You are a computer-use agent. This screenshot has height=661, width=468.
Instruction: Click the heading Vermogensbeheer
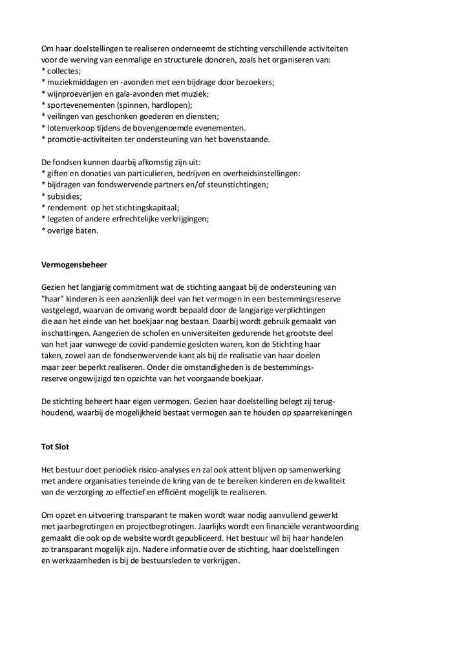coord(74,265)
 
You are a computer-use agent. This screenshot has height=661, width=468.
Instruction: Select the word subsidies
coord(64,196)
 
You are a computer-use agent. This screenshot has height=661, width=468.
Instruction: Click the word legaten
coord(61,219)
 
